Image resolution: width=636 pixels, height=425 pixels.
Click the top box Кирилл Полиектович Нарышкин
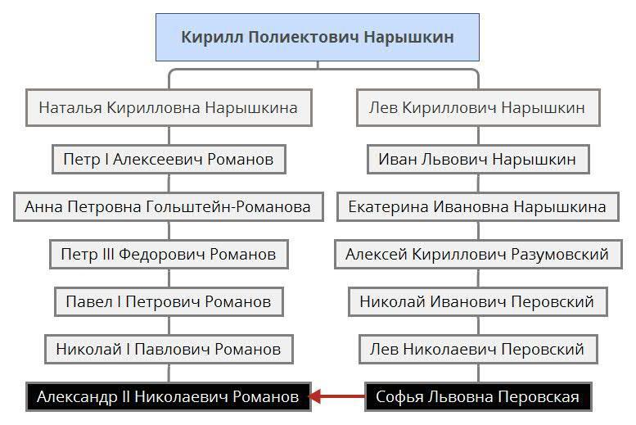[x=317, y=38]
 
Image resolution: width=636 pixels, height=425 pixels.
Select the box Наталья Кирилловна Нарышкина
[x=169, y=108]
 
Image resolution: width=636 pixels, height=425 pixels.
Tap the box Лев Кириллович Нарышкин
[x=476, y=108]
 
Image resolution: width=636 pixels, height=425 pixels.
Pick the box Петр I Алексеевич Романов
[x=169, y=159]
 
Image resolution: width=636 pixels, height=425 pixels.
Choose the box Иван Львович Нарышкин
[x=477, y=159]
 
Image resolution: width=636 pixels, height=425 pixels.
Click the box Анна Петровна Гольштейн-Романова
[x=168, y=206]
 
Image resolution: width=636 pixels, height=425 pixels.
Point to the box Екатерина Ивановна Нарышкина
[x=476, y=206]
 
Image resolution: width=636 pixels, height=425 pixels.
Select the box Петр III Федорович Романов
[x=169, y=255]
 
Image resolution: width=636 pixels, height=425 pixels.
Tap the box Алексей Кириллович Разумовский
[x=476, y=255]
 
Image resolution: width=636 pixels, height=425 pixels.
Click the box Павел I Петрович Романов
[x=169, y=302]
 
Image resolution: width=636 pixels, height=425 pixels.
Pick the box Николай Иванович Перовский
[x=476, y=302]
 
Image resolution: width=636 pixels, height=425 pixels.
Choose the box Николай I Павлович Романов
[x=169, y=350]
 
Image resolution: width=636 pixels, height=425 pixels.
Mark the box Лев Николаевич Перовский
[x=476, y=350]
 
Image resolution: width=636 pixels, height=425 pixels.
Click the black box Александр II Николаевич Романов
[x=168, y=397]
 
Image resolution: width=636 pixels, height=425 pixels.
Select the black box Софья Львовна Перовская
[x=477, y=397]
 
